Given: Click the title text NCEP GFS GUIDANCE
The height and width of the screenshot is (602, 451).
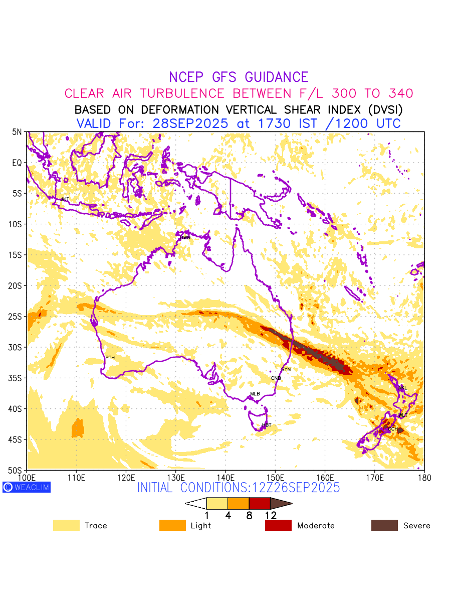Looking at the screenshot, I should tap(239, 77).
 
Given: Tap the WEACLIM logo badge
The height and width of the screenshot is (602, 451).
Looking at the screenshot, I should tap(26, 487).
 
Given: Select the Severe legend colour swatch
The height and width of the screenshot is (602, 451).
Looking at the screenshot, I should tap(384, 525).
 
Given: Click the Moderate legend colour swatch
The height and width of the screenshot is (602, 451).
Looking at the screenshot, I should tap(278, 525).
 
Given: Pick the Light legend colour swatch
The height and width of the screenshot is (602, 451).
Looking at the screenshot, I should tap(172, 525).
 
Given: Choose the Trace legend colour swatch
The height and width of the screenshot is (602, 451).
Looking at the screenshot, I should tap(66, 525).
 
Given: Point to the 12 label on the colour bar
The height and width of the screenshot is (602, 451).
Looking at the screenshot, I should tap(271, 515).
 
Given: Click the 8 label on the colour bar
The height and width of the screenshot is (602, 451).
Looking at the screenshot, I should tap(249, 515).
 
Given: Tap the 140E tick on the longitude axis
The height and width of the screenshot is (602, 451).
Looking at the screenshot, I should tap(225, 477).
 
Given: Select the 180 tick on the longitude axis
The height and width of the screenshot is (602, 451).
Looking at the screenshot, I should tap(424, 477).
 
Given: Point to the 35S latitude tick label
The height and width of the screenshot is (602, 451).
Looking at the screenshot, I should tap(17, 378).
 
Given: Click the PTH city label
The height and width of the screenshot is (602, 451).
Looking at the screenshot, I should tap(110, 358).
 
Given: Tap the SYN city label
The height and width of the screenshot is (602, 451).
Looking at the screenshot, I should tap(286, 370).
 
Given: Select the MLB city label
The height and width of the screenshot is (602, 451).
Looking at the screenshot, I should tap(255, 394).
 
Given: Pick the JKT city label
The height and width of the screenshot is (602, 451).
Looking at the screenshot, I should tap(65, 200).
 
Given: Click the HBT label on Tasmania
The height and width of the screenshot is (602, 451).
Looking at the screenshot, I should tap(267, 425).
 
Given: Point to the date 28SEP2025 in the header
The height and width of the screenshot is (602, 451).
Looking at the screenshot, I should tap(190, 123).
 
